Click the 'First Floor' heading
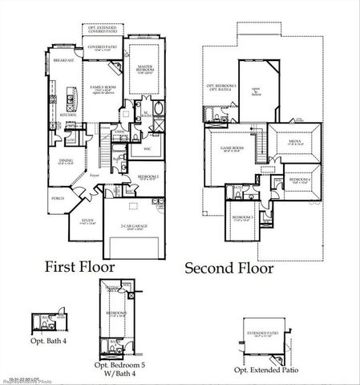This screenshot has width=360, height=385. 79,265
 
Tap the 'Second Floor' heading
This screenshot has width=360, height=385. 233,267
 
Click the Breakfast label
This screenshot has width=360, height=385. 63,61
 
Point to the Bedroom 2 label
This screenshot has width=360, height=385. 148,176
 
